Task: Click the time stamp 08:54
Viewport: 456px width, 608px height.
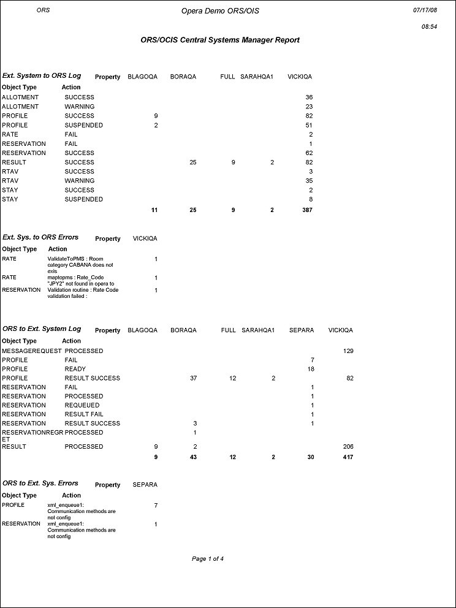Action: pos(428,27)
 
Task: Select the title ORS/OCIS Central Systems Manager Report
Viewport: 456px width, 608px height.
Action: pos(220,40)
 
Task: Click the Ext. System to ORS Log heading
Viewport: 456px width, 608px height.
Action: pos(41,76)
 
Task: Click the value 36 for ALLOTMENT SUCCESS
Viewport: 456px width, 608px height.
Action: pos(309,97)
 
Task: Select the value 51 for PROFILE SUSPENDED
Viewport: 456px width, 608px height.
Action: pos(309,125)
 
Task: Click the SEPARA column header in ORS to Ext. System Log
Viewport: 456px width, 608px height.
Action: pos(302,330)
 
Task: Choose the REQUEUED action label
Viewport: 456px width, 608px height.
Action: pos(82,405)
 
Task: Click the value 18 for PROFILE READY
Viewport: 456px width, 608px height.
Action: pos(310,370)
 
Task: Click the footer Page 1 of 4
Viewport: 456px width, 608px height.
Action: pos(208,559)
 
